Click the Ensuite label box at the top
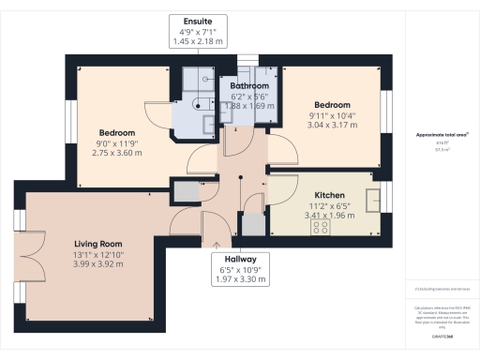pos(198,30)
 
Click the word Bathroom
pos(248,86)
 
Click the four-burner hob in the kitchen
pos(321,226)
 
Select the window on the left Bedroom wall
pos(69,120)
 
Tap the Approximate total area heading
pos(436,135)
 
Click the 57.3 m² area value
pos(436,148)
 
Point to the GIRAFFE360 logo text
pos(437,333)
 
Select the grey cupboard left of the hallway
pos(186,190)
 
